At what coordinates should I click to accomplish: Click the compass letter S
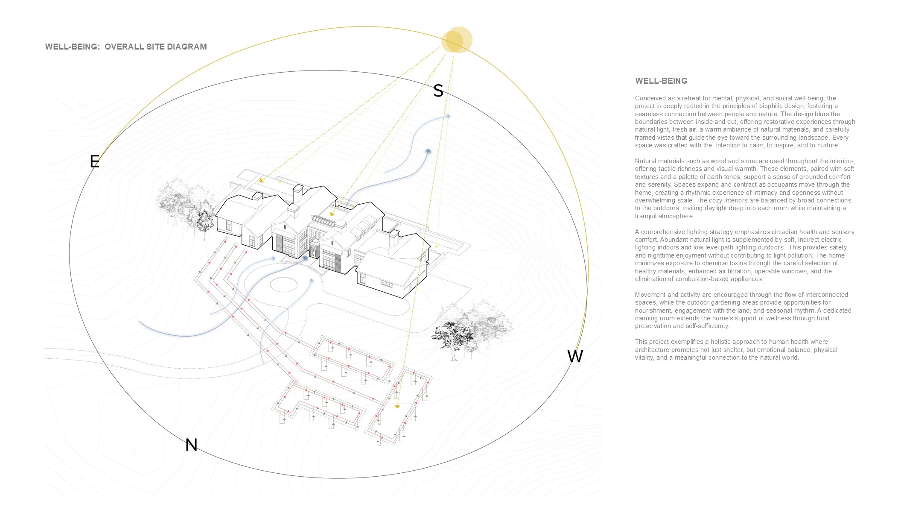coord(438,91)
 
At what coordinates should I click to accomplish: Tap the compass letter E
coord(94,161)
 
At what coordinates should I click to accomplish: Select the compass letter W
coord(575,356)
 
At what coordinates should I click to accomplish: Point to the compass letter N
coord(191,445)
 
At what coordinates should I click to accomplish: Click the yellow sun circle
coord(457,40)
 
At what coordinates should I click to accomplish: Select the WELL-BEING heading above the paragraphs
coord(661,81)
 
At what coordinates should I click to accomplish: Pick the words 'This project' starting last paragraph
coord(652,342)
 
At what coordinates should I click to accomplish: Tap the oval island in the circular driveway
coord(283,284)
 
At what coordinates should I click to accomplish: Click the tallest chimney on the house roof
coord(298,194)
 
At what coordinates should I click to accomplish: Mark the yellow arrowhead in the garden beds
coord(397,406)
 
